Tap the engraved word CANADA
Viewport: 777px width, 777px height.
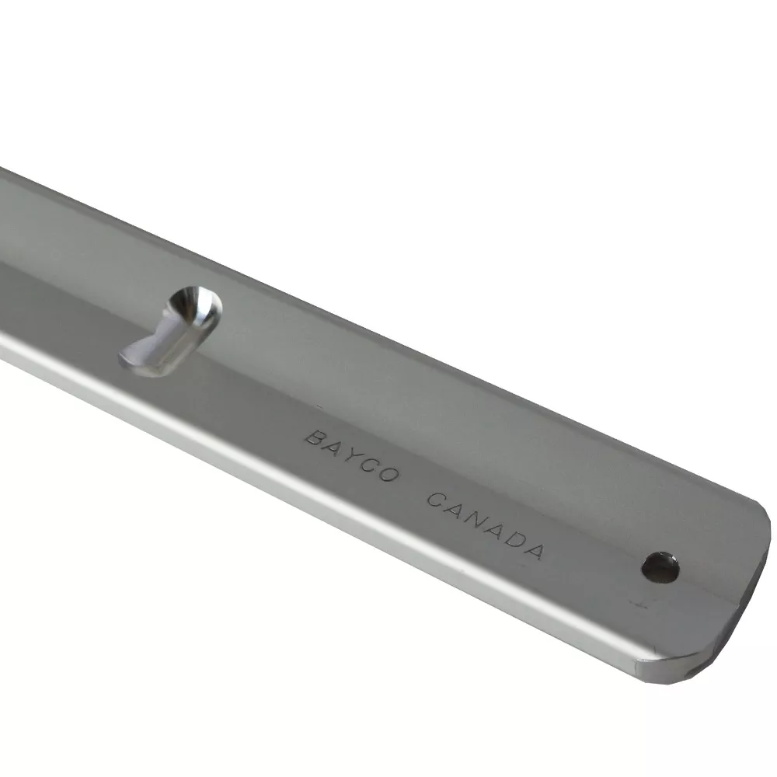pos(486,526)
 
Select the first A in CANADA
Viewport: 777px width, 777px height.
pos(456,510)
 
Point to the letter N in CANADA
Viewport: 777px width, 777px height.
pos(476,521)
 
